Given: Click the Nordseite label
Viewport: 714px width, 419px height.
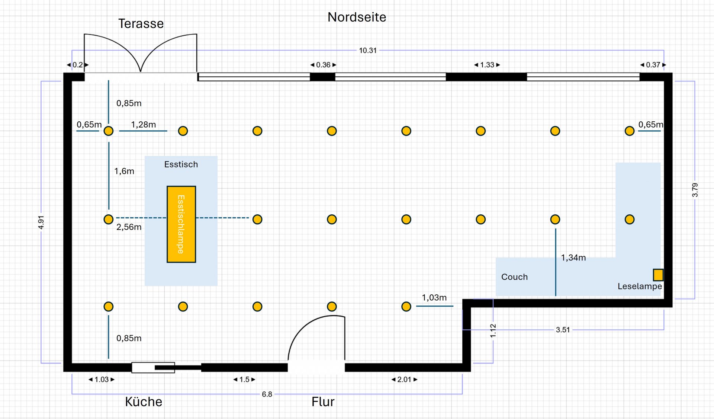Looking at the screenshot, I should (x=357, y=17).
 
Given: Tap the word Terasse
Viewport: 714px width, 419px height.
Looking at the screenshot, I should (x=141, y=23).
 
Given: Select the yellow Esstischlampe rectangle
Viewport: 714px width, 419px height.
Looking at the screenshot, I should (x=181, y=224).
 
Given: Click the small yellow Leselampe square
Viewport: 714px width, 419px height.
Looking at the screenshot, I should (x=658, y=275).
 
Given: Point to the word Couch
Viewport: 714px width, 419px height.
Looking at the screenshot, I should (x=514, y=277).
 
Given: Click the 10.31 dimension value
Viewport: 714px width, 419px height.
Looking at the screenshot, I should (x=367, y=50).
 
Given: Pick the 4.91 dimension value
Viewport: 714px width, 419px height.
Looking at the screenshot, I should (x=41, y=222).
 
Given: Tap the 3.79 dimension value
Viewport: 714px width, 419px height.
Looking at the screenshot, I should (x=695, y=190).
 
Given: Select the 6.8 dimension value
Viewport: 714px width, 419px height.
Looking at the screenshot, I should (x=267, y=394).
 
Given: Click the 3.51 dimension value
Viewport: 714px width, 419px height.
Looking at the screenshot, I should (x=563, y=330).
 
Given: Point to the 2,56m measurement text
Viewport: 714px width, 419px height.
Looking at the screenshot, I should (x=129, y=227).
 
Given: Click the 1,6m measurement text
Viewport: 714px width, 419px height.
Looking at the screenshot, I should (x=124, y=171).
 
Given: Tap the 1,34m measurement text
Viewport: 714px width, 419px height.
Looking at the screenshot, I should (x=573, y=258).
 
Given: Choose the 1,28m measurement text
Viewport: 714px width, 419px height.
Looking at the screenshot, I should (x=143, y=125).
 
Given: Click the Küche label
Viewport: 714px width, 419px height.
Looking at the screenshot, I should (x=144, y=402).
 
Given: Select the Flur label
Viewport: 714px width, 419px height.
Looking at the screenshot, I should (x=323, y=402).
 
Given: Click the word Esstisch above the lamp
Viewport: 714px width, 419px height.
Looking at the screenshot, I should (x=181, y=164).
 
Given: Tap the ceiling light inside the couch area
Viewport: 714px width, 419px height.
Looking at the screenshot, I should (x=629, y=220).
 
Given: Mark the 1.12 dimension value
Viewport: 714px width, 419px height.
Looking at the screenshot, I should (x=493, y=330).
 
